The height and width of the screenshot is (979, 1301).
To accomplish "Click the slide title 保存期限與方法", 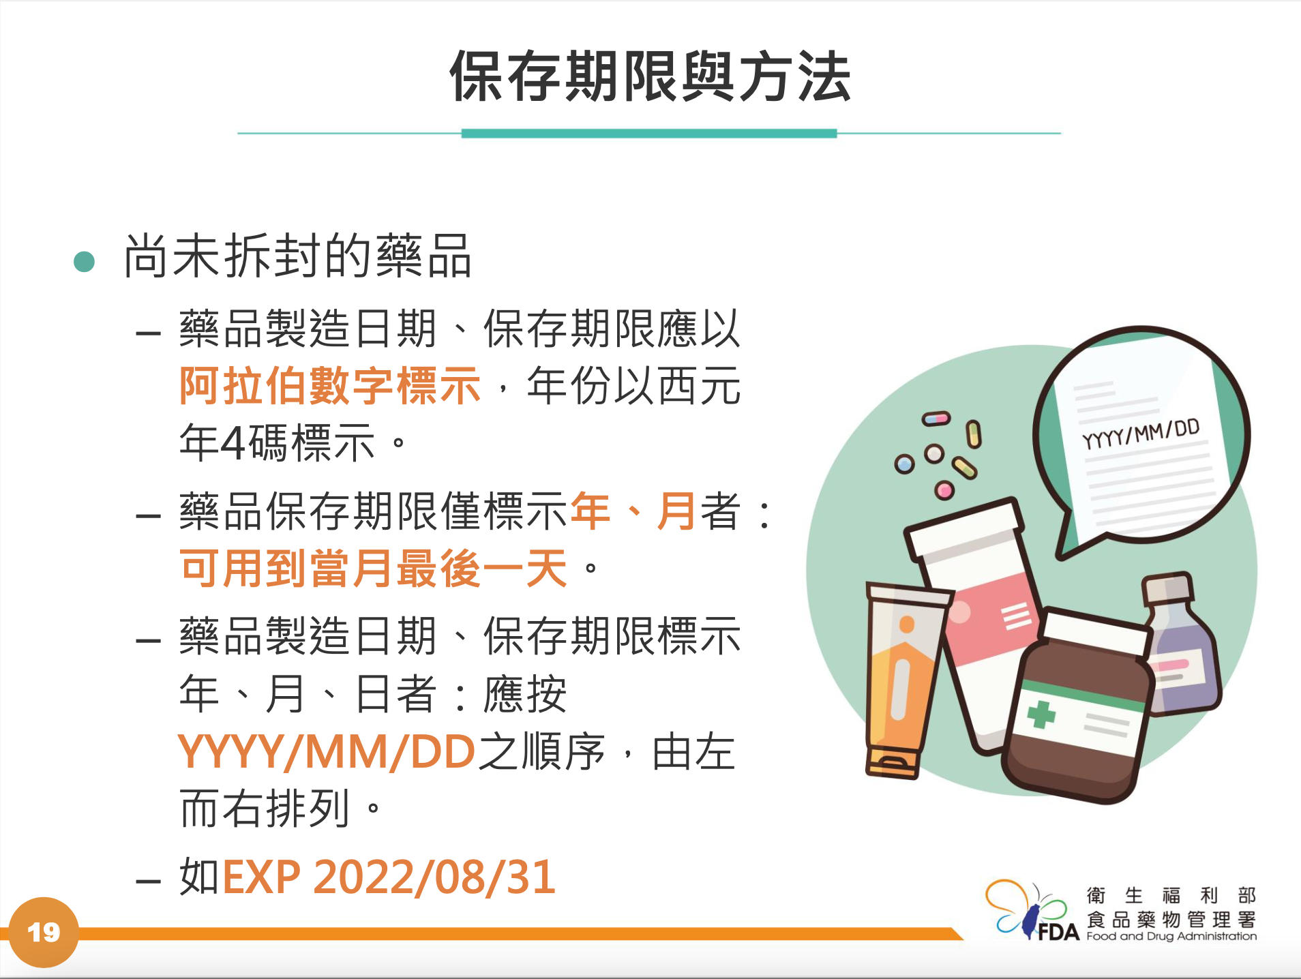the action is click(x=650, y=76).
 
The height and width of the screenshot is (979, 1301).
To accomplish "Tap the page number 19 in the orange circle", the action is click(x=44, y=932).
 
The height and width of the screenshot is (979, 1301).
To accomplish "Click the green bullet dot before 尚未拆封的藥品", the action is click(x=84, y=261).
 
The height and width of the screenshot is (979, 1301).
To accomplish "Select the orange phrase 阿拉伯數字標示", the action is click(x=330, y=386).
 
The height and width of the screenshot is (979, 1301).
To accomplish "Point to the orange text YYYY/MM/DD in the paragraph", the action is click(x=326, y=752).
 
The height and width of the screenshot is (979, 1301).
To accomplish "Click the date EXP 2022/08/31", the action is click(x=389, y=877).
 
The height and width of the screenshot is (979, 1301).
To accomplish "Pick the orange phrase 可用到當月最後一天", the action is click(x=373, y=569).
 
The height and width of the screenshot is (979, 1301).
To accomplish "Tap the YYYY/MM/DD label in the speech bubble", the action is click(x=1141, y=434).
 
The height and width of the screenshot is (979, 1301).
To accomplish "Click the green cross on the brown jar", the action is click(x=1041, y=714).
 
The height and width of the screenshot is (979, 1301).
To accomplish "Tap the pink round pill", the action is click(x=944, y=489).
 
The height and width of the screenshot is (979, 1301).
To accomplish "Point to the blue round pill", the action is click(x=904, y=464).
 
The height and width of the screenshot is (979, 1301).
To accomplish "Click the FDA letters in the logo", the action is click(x=1059, y=931).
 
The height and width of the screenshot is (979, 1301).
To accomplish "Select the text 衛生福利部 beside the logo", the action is click(x=1171, y=895).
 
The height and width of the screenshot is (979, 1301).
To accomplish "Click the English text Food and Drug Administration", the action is click(x=1171, y=936).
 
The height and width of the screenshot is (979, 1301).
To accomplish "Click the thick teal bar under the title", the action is click(x=649, y=134).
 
